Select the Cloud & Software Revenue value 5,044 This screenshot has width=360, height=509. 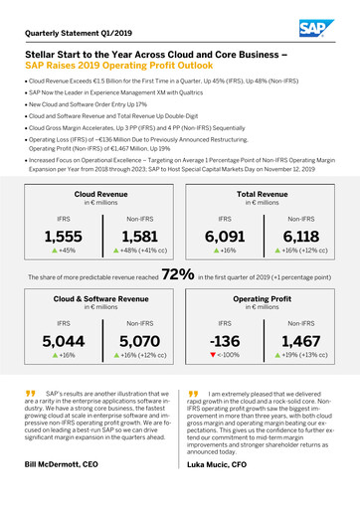tap(64, 342)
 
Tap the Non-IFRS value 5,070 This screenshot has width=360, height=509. tap(138, 342)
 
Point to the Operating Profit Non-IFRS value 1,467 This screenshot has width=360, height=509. tap(299, 342)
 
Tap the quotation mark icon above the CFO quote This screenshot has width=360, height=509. tap(194, 395)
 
